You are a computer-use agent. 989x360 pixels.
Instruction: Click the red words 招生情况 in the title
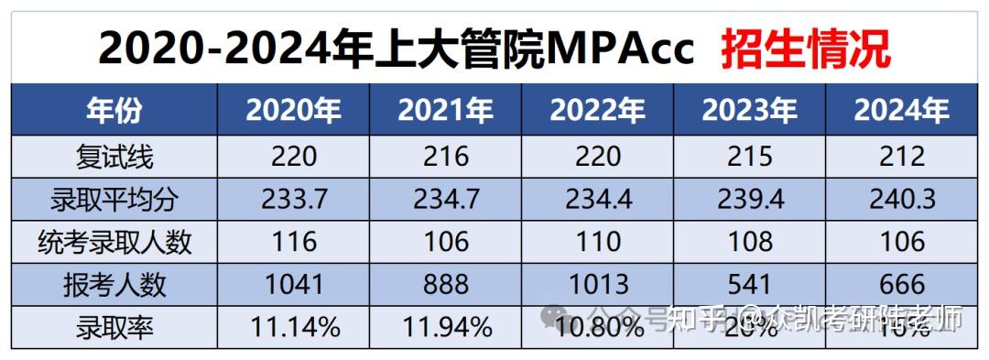coord(805,49)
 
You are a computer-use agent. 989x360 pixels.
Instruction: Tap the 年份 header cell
coord(115,111)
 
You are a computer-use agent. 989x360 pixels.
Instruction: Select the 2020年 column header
coord(293,111)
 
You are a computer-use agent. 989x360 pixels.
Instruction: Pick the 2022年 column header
coord(598,111)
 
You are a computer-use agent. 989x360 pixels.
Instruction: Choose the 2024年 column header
coord(902,111)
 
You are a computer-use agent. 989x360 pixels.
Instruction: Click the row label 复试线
coord(115,157)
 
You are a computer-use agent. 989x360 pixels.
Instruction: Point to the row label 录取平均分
coord(115,199)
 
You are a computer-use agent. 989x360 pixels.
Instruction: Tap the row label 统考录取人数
coord(115,242)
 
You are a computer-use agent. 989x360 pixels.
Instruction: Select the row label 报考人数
coord(115,284)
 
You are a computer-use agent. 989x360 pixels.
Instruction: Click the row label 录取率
coord(115,325)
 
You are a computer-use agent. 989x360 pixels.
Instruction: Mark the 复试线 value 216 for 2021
coord(446,157)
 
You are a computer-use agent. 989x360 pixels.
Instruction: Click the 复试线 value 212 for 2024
coord(902,157)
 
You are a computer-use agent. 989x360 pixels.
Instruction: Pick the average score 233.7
coord(293,199)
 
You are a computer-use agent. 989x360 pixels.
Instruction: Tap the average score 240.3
coord(902,199)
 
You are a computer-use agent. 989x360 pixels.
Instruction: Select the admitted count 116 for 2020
coord(293,242)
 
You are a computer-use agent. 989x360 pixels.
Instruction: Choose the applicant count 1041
coord(293,284)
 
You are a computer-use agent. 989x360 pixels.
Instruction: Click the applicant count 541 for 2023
coord(750,284)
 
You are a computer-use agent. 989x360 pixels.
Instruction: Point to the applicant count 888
coord(446,284)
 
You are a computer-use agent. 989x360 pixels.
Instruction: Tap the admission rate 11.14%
coord(293,326)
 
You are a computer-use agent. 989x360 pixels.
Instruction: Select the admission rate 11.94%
coord(446,326)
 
